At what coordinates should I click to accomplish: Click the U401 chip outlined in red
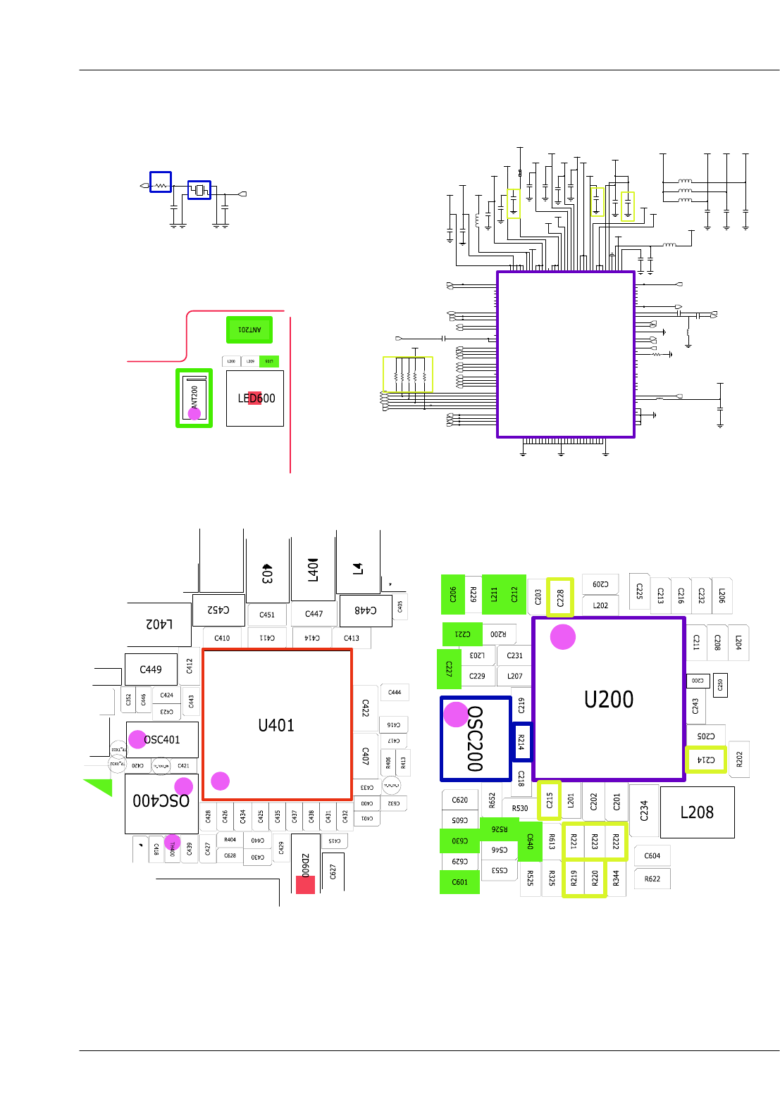pyautogui.click(x=277, y=725)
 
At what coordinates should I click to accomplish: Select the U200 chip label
pyautogui.click(x=609, y=700)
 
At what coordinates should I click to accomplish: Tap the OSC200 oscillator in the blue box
pyautogui.click(x=476, y=739)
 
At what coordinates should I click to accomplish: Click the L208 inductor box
pyautogui.click(x=697, y=812)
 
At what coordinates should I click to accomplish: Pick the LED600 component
pyautogui.click(x=255, y=398)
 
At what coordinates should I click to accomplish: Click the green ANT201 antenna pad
pyautogui.click(x=249, y=329)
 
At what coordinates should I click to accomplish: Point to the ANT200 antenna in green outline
pyautogui.click(x=194, y=398)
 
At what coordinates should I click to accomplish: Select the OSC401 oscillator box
pyautogui.click(x=163, y=740)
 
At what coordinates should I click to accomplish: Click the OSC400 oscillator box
pyautogui.click(x=161, y=801)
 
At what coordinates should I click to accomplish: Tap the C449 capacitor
pyautogui.click(x=151, y=669)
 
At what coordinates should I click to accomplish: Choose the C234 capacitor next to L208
pyautogui.click(x=644, y=811)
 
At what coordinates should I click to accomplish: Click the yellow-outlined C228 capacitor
pyautogui.click(x=560, y=598)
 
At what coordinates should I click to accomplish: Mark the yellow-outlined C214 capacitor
pyautogui.click(x=706, y=760)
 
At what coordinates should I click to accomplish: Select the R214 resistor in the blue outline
pyautogui.click(x=521, y=742)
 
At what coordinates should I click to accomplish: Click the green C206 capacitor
pyautogui.click(x=453, y=595)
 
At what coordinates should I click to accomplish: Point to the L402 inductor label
pyautogui.click(x=159, y=624)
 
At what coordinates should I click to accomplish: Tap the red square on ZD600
pyautogui.click(x=305, y=885)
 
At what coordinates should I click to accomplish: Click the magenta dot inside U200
pyautogui.click(x=563, y=636)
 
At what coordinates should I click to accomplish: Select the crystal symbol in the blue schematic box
pyautogui.click(x=199, y=190)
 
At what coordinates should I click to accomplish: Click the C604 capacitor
pyautogui.click(x=652, y=856)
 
